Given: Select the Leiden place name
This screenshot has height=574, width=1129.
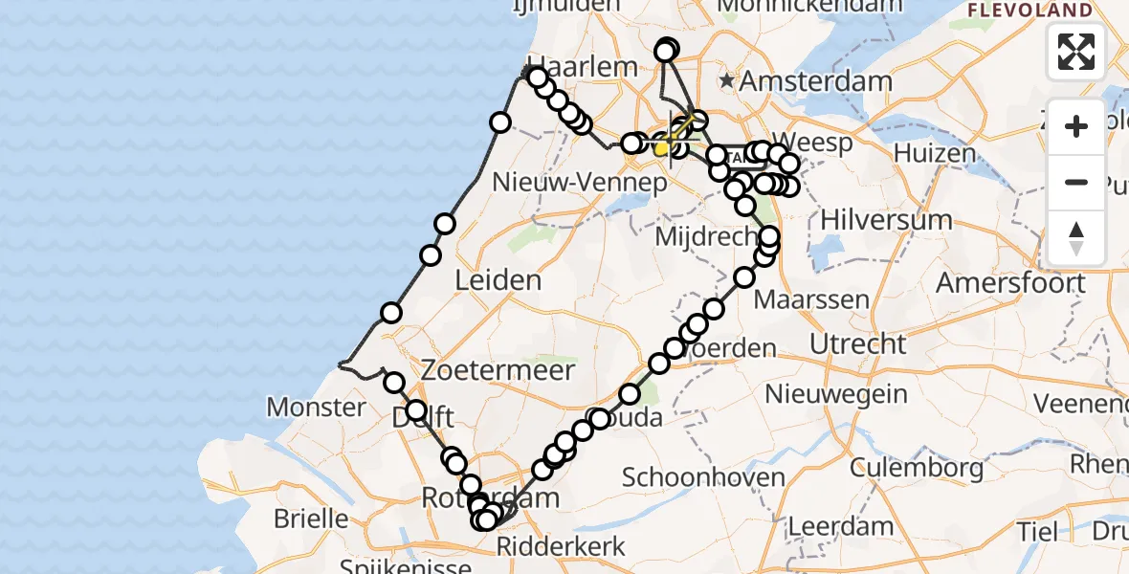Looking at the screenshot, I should click(x=498, y=281).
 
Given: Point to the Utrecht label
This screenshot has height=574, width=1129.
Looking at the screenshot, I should click(x=857, y=343).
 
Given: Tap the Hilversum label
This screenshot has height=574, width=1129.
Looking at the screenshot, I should click(x=886, y=220).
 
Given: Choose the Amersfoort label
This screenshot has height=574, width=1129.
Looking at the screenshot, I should click(x=1010, y=283).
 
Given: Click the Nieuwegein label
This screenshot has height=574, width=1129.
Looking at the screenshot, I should click(x=836, y=392).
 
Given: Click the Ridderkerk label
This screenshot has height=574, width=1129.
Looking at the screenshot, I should click(x=561, y=547).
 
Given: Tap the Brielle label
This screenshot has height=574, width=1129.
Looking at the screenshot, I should click(x=311, y=519).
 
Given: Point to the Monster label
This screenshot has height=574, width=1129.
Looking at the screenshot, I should click(x=315, y=408).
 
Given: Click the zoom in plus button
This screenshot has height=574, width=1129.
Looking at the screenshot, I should click(x=1076, y=126).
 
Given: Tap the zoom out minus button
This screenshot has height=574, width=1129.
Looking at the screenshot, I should click(x=1076, y=183).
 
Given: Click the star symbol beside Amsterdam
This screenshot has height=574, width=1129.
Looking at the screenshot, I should click(x=728, y=81).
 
